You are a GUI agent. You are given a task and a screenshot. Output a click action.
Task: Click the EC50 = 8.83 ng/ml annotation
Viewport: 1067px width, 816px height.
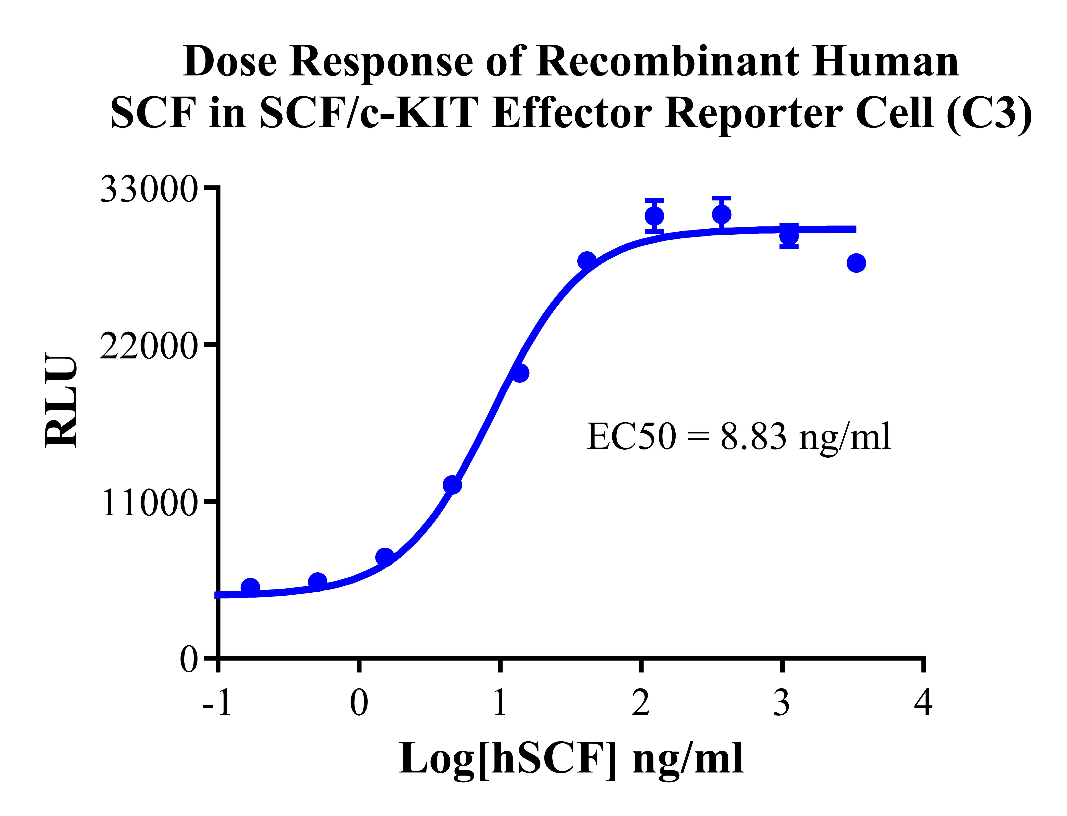pos(739,436)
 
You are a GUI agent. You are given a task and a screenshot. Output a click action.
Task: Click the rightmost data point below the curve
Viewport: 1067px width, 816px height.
pos(856,263)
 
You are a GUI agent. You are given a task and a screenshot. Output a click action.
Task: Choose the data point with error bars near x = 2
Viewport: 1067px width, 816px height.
pos(654,216)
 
